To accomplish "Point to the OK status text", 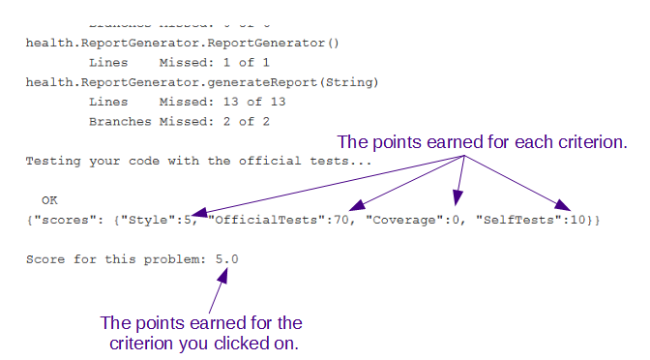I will click(x=50, y=200).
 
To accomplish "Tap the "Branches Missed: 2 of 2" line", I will click(x=178, y=121).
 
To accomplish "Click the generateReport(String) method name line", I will click(x=201, y=82).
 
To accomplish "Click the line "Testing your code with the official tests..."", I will click(x=198, y=161).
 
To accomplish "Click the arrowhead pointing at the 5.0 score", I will click(x=223, y=275).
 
